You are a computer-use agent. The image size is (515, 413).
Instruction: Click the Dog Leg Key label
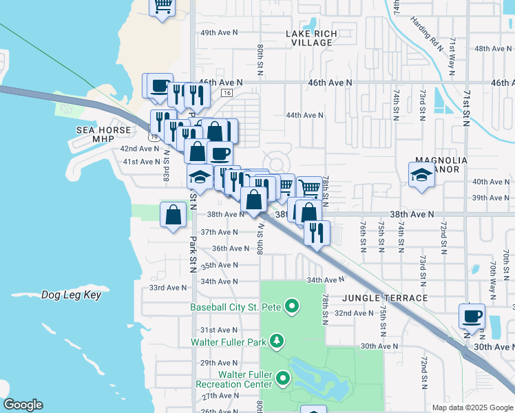tap(71, 295)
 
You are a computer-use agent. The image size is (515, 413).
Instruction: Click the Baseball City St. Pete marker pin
tap(291, 306)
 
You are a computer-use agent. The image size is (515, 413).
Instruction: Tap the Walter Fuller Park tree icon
tap(276, 341)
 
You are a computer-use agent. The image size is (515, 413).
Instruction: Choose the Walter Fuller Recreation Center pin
tap(283, 378)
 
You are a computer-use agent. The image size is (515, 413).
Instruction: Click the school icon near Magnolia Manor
tap(421, 175)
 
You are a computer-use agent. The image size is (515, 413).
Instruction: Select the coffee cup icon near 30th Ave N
tap(472, 316)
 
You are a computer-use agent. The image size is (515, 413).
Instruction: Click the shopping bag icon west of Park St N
tap(172, 215)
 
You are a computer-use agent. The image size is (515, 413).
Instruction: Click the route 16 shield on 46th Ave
tap(227, 92)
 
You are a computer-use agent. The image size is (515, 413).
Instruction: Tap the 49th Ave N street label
tap(218, 32)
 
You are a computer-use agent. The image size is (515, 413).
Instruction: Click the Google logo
tap(22, 405)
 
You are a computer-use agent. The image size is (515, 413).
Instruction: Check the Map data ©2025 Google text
tap(472, 407)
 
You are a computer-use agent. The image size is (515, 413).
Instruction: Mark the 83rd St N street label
tap(166, 168)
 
